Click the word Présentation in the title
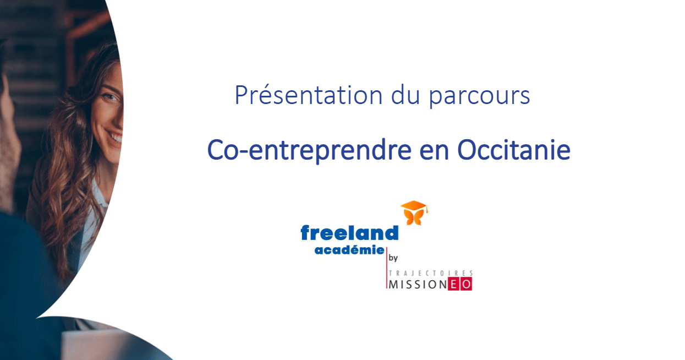click(x=309, y=95)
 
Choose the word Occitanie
click(x=514, y=150)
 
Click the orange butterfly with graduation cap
click(x=414, y=212)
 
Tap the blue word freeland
click(x=349, y=233)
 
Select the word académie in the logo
click(x=349, y=250)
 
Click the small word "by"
click(x=393, y=258)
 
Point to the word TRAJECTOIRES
click(x=431, y=273)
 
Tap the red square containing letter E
click(x=454, y=284)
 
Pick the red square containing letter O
click(x=467, y=284)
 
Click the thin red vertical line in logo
click(x=387, y=268)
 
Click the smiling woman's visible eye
click(x=111, y=97)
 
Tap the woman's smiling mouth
click(x=114, y=137)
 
